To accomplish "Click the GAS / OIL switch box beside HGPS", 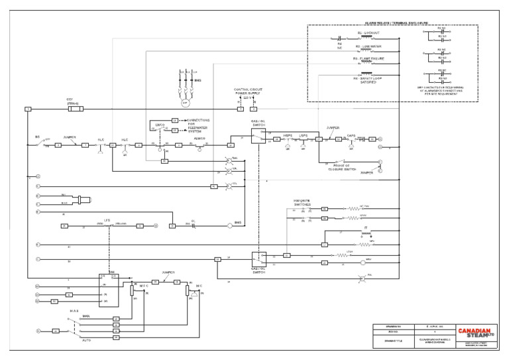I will point(259,136).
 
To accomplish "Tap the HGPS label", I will point(288,135).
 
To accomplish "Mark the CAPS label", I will point(351,135).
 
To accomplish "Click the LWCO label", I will point(160,124).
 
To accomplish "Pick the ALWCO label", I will point(201,139).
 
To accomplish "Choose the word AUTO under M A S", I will point(86,339).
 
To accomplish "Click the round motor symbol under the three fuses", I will point(186,103).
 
